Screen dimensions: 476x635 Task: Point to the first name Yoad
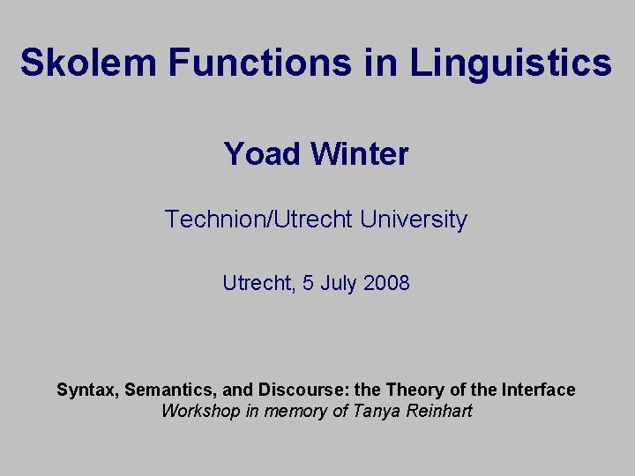click(262, 154)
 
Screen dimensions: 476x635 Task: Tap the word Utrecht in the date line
click(254, 284)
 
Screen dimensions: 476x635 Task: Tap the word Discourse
click(295, 390)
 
